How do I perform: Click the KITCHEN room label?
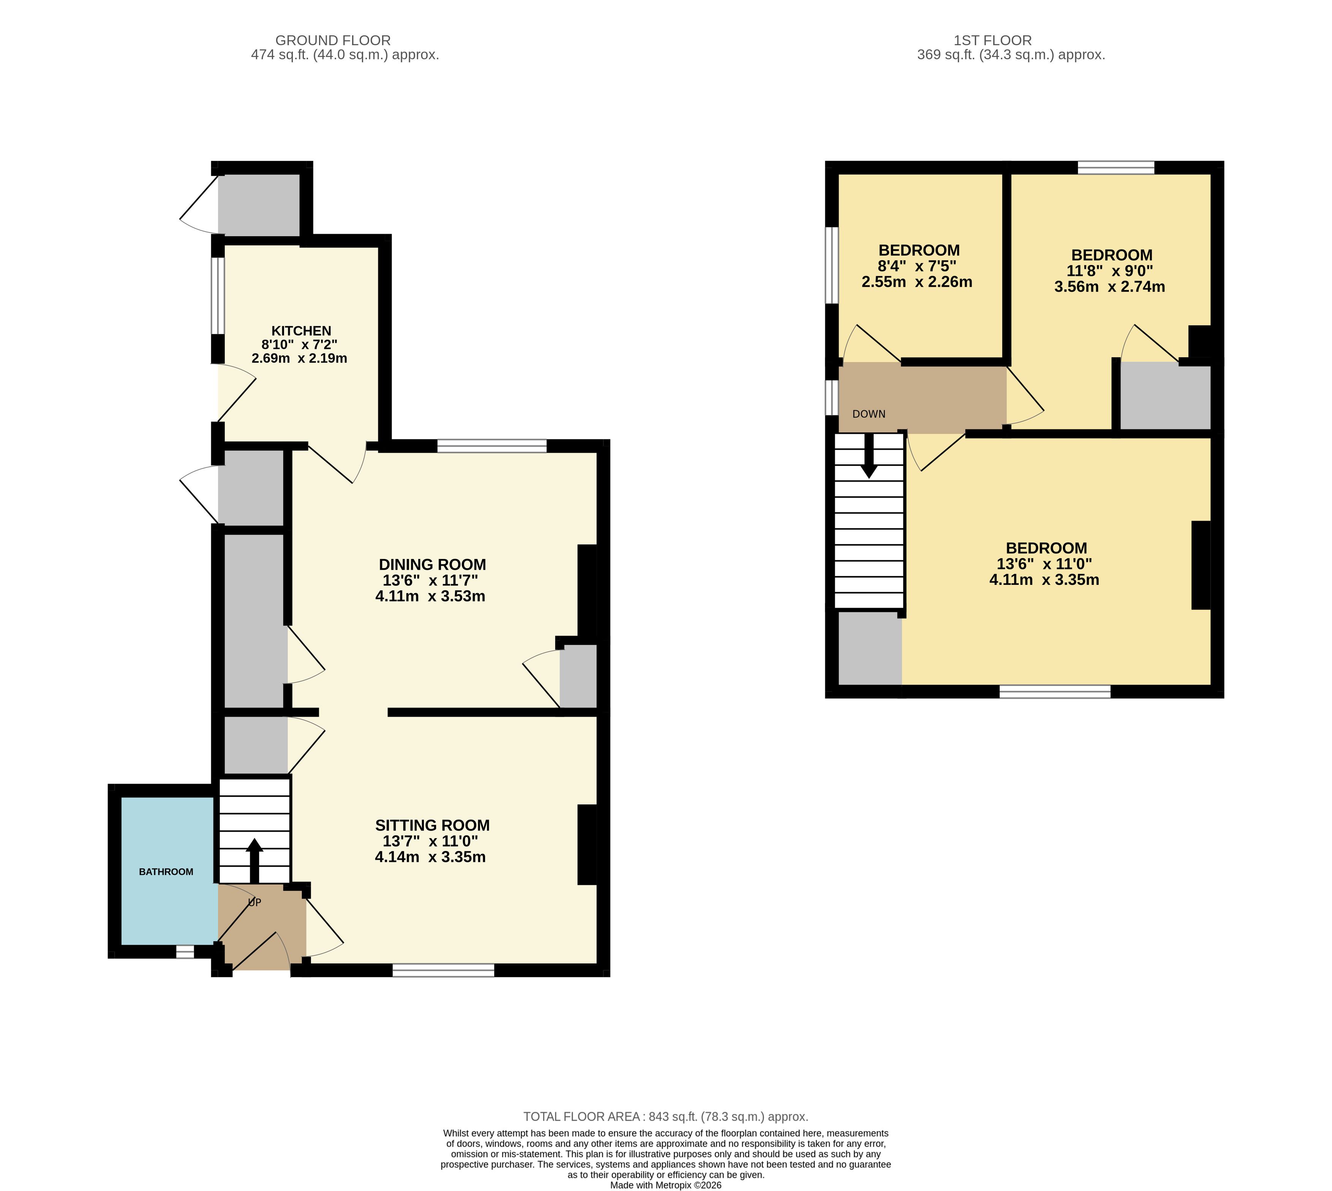[x=301, y=331]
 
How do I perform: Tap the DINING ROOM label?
[x=432, y=564]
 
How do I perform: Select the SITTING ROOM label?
[x=432, y=825]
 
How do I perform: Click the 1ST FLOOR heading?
[x=992, y=41]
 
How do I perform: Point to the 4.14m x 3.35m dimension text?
[x=430, y=857]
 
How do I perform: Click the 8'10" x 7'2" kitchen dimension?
[x=299, y=344]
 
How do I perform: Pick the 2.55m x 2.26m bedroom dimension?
[x=916, y=282]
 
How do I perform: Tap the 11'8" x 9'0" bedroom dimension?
[x=1109, y=270]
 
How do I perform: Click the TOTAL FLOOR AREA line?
[x=666, y=1117]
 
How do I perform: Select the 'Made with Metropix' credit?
[x=666, y=1185]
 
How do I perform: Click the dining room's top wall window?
[x=491, y=446]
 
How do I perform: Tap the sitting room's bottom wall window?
[x=443, y=970]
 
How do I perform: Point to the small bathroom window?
[x=185, y=952]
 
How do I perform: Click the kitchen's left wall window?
[x=217, y=296]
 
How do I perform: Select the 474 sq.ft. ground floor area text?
[x=345, y=55]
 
